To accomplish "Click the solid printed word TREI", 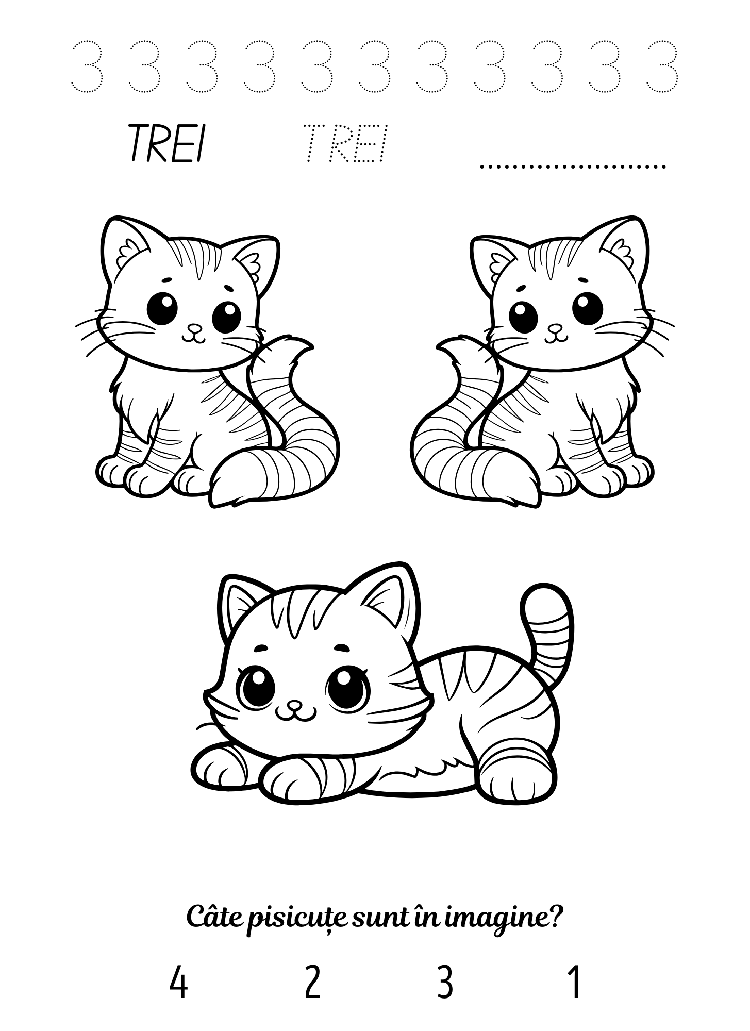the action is (165, 143).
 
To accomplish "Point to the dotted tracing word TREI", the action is (345, 143).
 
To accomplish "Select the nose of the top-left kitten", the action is (194, 327).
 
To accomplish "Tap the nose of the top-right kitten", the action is (555, 327).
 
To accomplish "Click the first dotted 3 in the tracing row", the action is (87, 66).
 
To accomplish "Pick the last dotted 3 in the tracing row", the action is (662, 66).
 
